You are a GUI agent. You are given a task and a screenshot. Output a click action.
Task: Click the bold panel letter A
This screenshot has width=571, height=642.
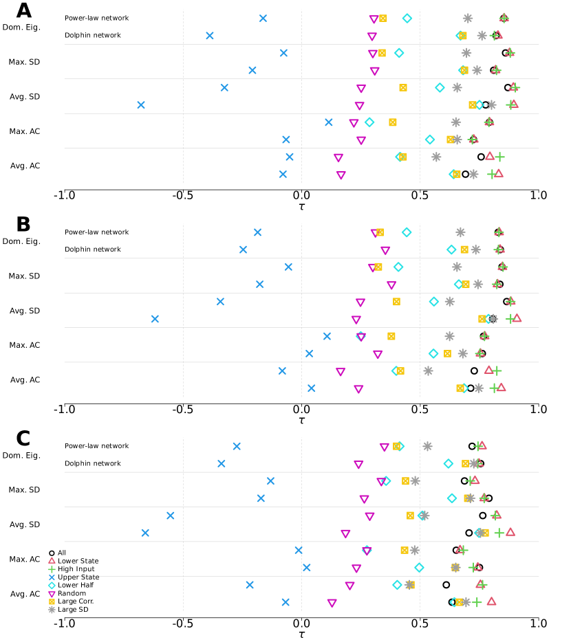23,11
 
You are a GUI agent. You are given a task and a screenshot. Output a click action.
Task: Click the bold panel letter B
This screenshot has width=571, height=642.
23,225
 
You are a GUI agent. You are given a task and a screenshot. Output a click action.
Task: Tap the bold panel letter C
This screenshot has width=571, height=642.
23,439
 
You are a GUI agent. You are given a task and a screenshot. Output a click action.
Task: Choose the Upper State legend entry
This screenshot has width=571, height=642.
78,577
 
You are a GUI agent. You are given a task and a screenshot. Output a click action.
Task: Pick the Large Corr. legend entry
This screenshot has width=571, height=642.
76,601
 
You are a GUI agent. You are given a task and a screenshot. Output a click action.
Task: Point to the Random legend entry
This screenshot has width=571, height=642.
72,593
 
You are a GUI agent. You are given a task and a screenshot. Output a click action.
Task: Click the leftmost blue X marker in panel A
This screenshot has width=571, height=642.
141,105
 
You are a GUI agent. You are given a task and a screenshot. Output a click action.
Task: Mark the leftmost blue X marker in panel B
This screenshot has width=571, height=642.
155,319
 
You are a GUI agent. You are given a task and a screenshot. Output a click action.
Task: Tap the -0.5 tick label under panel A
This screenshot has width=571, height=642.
182,196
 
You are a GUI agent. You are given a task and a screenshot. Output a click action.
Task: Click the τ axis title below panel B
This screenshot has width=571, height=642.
301,420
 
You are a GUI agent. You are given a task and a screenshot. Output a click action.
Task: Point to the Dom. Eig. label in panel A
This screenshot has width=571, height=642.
21,27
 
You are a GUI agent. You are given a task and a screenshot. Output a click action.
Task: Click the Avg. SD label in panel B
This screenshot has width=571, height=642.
24,311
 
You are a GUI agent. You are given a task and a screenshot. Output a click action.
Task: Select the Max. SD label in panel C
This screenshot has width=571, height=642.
24,490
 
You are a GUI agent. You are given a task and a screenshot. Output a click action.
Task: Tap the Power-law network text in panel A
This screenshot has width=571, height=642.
96,19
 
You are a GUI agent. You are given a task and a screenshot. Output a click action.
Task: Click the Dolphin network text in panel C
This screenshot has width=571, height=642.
92,464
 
